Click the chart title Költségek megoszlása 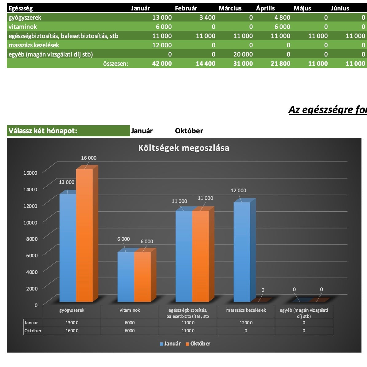click(184, 148)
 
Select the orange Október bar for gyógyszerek click(84, 235)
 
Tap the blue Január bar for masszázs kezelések click(242, 252)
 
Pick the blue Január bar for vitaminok click(126, 277)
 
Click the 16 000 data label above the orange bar click(89, 158)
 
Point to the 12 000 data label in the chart click(239, 190)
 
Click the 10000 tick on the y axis click(30, 223)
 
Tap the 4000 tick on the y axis click(32, 272)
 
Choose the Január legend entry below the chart click(170, 344)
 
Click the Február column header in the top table click(186, 8)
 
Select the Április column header click(265, 8)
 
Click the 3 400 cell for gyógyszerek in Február click(207, 18)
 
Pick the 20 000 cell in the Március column click(243, 54)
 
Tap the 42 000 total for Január click(162, 64)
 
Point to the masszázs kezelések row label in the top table click(34, 45)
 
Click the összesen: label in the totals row click(115, 64)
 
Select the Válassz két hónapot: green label click(43, 131)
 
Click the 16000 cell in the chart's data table click(72, 331)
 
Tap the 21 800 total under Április click(280, 64)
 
